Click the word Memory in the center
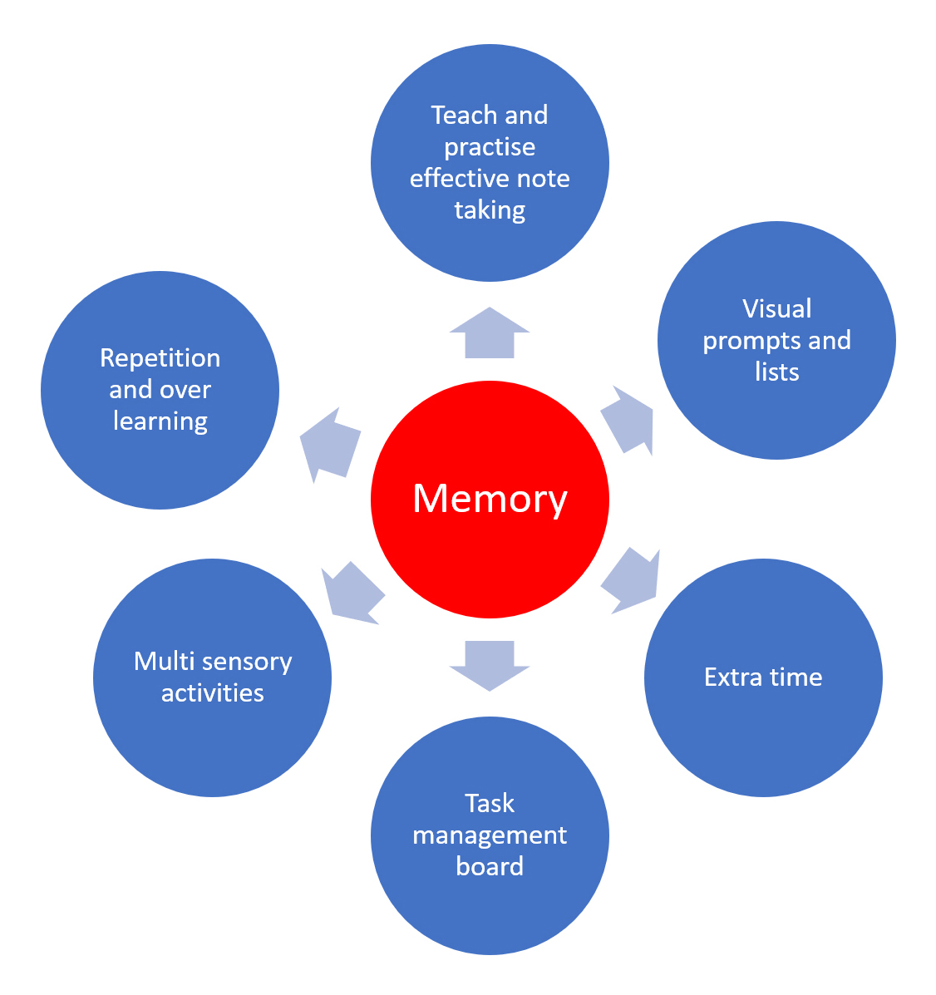click(x=490, y=498)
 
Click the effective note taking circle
click(x=490, y=241)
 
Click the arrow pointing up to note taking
click(x=490, y=334)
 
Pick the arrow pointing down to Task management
click(x=490, y=663)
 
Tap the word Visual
click(x=776, y=308)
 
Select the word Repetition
click(x=160, y=357)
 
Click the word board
click(x=490, y=866)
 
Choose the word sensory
click(x=249, y=662)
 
